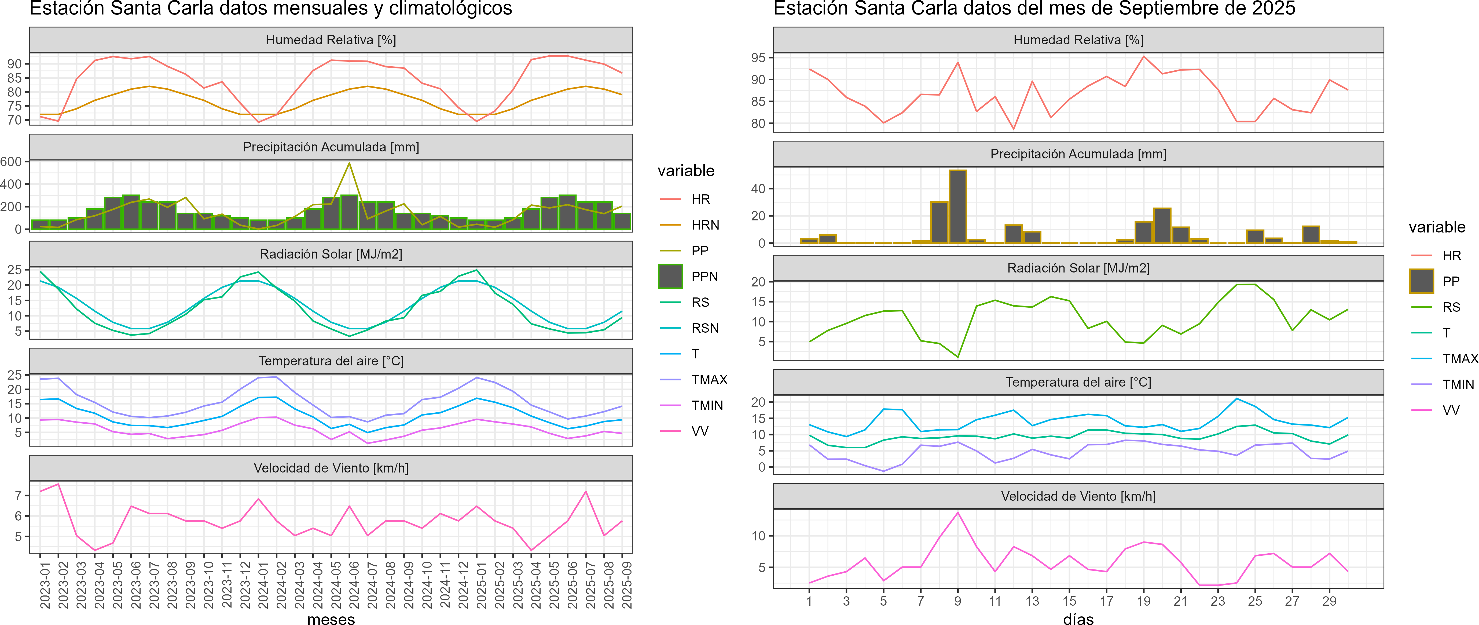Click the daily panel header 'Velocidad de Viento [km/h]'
click(x=1078, y=496)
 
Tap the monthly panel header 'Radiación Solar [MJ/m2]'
click(x=331, y=254)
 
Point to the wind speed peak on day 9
click(x=958, y=513)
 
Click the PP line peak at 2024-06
click(x=350, y=163)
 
